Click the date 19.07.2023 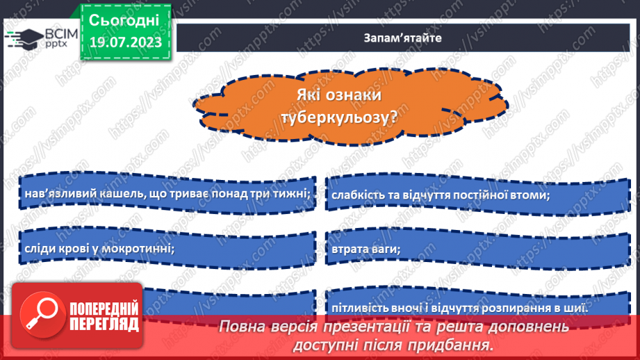point(124,42)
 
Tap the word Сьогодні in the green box point(124,18)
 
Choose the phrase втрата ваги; point(367,247)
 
